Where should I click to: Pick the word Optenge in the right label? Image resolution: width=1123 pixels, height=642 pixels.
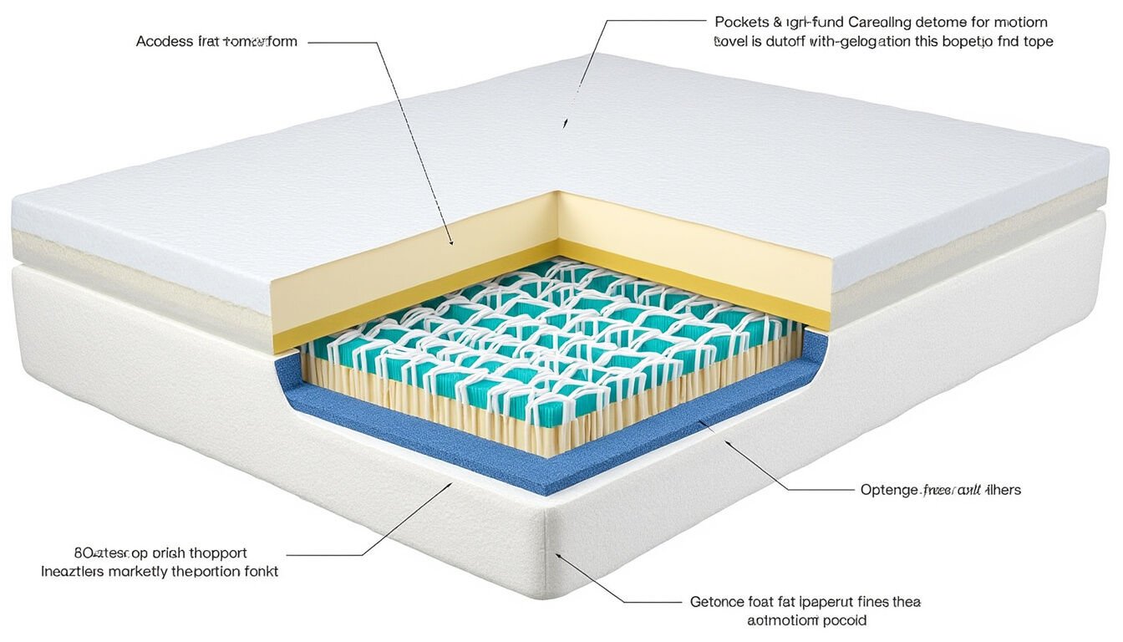point(888,490)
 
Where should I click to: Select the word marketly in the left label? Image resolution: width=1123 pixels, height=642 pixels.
point(135,572)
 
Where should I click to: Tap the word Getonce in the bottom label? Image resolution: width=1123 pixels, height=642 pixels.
point(717,601)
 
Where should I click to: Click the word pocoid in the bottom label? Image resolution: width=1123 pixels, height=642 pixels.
point(844,620)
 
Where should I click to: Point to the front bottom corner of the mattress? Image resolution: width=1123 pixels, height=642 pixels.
point(547,589)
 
